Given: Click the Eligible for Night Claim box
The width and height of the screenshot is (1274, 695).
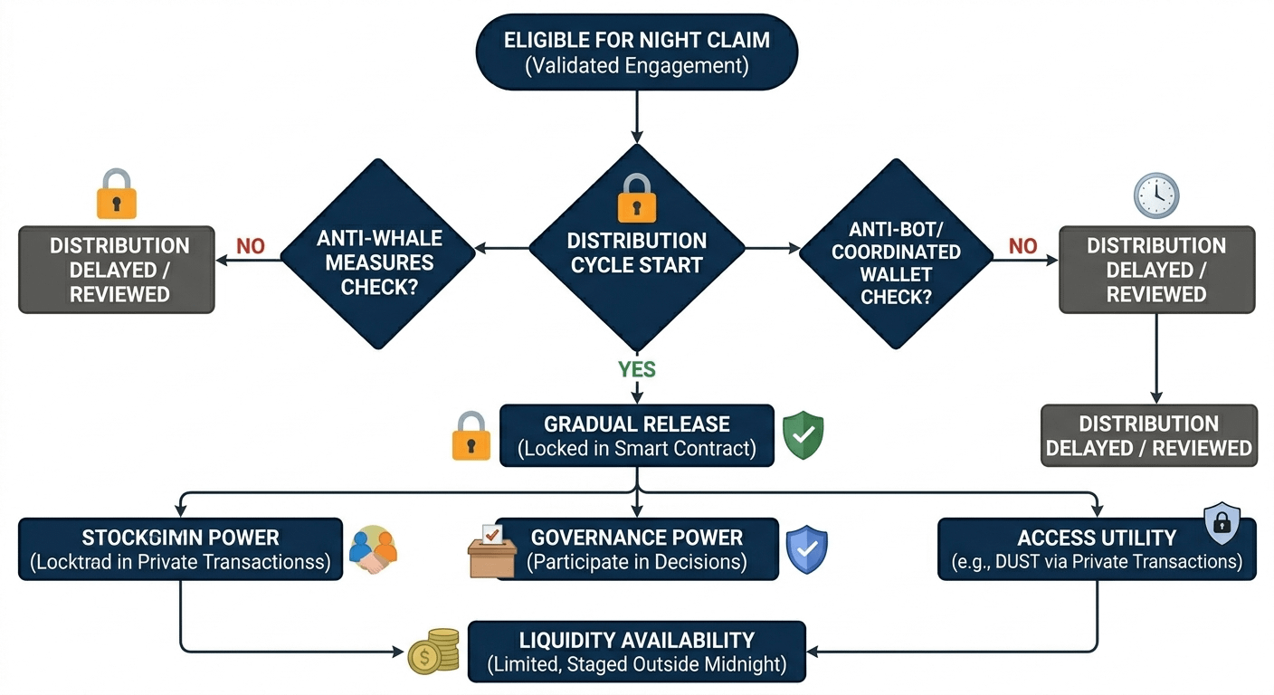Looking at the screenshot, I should (x=637, y=53).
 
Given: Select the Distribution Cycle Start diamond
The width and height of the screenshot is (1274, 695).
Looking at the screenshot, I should (x=637, y=253).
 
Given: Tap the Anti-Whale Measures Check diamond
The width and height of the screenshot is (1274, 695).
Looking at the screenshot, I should (x=378, y=262).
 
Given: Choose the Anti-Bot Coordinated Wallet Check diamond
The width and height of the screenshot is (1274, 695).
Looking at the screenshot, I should (x=895, y=262).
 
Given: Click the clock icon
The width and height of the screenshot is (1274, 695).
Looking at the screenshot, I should (x=1156, y=195).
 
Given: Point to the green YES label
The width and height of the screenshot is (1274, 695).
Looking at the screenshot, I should (x=637, y=369).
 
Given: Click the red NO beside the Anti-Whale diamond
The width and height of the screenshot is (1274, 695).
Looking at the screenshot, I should (x=251, y=246).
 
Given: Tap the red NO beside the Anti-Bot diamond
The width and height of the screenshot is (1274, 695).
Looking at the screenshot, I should (x=1022, y=246).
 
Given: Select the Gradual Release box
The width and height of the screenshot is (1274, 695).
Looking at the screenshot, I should (x=637, y=435).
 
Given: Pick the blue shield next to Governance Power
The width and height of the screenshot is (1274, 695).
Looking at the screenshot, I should (x=807, y=549).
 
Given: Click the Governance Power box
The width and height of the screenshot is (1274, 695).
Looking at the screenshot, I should (x=637, y=549).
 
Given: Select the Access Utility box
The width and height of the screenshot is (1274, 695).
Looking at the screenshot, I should (x=1097, y=549).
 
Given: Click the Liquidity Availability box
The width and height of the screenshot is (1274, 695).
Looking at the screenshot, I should (x=637, y=652).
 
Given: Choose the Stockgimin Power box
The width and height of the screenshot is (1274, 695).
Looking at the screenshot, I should (x=180, y=549).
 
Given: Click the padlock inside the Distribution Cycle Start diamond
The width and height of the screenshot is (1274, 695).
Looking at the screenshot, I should (x=637, y=198).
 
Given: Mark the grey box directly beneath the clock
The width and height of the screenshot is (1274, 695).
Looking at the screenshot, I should (x=1156, y=270).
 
